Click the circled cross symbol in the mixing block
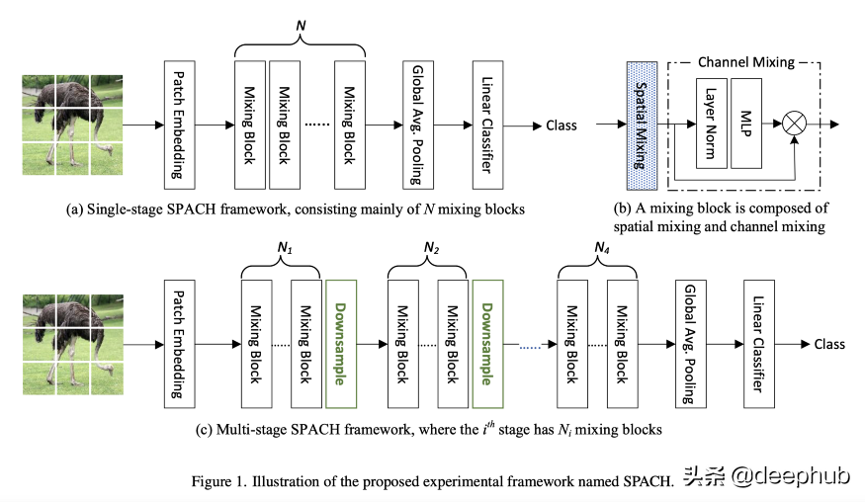click(795, 125)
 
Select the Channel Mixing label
click(746, 62)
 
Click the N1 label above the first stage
click(281, 244)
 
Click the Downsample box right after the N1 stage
click(339, 343)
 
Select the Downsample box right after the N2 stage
click(488, 343)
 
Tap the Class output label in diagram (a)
click(561, 125)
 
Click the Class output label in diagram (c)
click(829, 344)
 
